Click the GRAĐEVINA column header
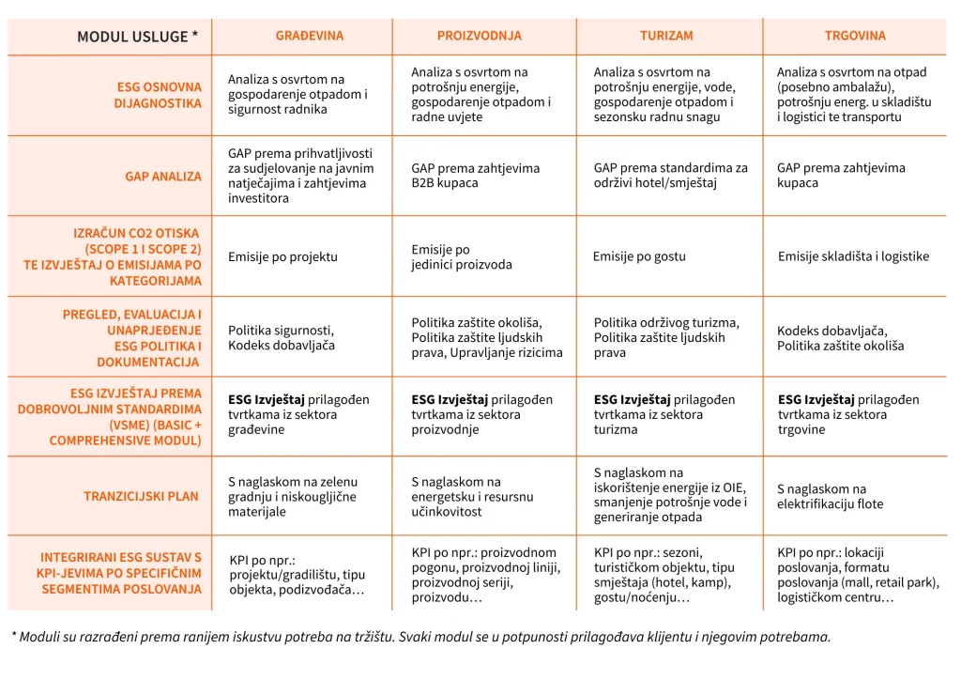[x=309, y=36]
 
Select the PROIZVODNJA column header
[x=479, y=36]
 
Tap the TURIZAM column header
[x=666, y=36]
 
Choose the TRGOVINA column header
[x=854, y=36]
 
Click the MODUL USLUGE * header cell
[x=137, y=37]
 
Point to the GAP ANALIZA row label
[x=163, y=176]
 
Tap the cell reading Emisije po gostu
[x=639, y=256]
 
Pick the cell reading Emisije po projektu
[x=282, y=256]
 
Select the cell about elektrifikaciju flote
[x=830, y=497]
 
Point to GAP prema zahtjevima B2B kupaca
[x=475, y=176]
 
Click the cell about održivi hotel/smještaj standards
[x=670, y=176]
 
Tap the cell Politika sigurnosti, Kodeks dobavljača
[x=281, y=338]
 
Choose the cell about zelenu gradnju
[x=292, y=497]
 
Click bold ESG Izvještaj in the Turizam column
[x=633, y=399]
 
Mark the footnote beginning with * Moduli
[x=420, y=637]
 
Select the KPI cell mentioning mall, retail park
[x=857, y=575]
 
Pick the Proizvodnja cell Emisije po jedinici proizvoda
[x=461, y=257]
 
